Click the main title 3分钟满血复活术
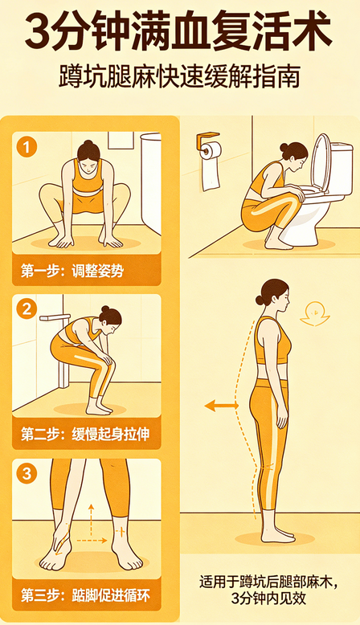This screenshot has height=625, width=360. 179,34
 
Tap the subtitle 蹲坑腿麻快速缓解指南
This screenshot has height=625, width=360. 179,79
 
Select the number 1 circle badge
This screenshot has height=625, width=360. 29,147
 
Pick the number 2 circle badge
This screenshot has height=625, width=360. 29,308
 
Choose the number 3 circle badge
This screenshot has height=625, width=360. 29,474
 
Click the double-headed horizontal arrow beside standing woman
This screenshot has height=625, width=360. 221,406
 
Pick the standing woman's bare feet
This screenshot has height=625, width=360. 276,533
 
